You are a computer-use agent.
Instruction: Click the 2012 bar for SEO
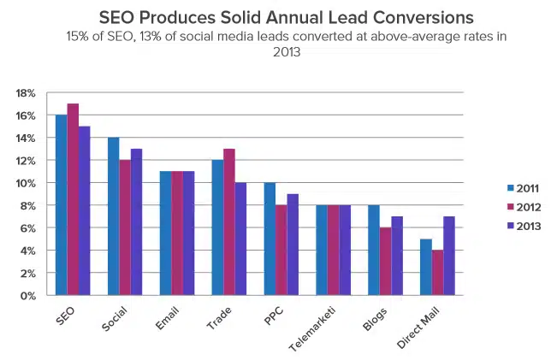coord(73,199)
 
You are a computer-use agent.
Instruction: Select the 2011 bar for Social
coord(113,216)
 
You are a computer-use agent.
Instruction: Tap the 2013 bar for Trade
coord(240,239)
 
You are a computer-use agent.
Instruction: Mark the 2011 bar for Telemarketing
coord(320,251)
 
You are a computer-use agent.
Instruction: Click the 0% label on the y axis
coord(27,296)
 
